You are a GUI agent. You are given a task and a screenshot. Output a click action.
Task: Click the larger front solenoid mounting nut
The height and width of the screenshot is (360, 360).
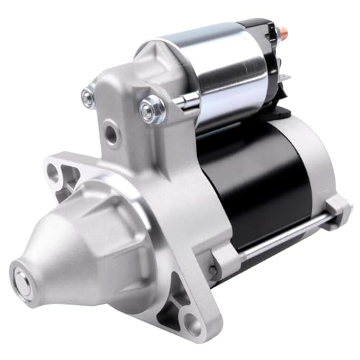coord(152,109)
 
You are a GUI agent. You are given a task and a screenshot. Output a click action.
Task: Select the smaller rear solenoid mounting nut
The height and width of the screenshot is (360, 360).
coord(89,93)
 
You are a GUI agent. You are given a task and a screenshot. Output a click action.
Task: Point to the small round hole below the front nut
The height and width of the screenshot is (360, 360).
coord(109,134)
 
